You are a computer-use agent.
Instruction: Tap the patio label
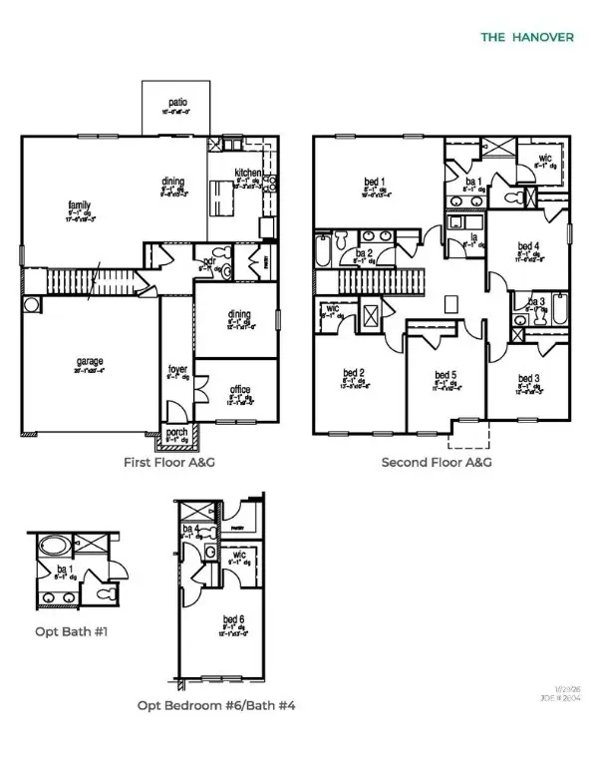click(177, 102)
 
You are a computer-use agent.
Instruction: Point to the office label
click(239, 389)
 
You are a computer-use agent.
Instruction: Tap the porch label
click(177, 432)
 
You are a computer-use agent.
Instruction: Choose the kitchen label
click(248, 173)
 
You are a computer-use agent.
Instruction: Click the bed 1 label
click(375, 182)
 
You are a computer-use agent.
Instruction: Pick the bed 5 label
click(444, 376)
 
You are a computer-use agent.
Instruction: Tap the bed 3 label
click(529, 378)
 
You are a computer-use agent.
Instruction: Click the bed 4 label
click(529, 246)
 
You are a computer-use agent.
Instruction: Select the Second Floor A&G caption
click(438, 463)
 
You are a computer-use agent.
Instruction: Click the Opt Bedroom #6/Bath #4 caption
click(216, 705)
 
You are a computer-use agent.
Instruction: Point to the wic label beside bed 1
click(545, 158)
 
